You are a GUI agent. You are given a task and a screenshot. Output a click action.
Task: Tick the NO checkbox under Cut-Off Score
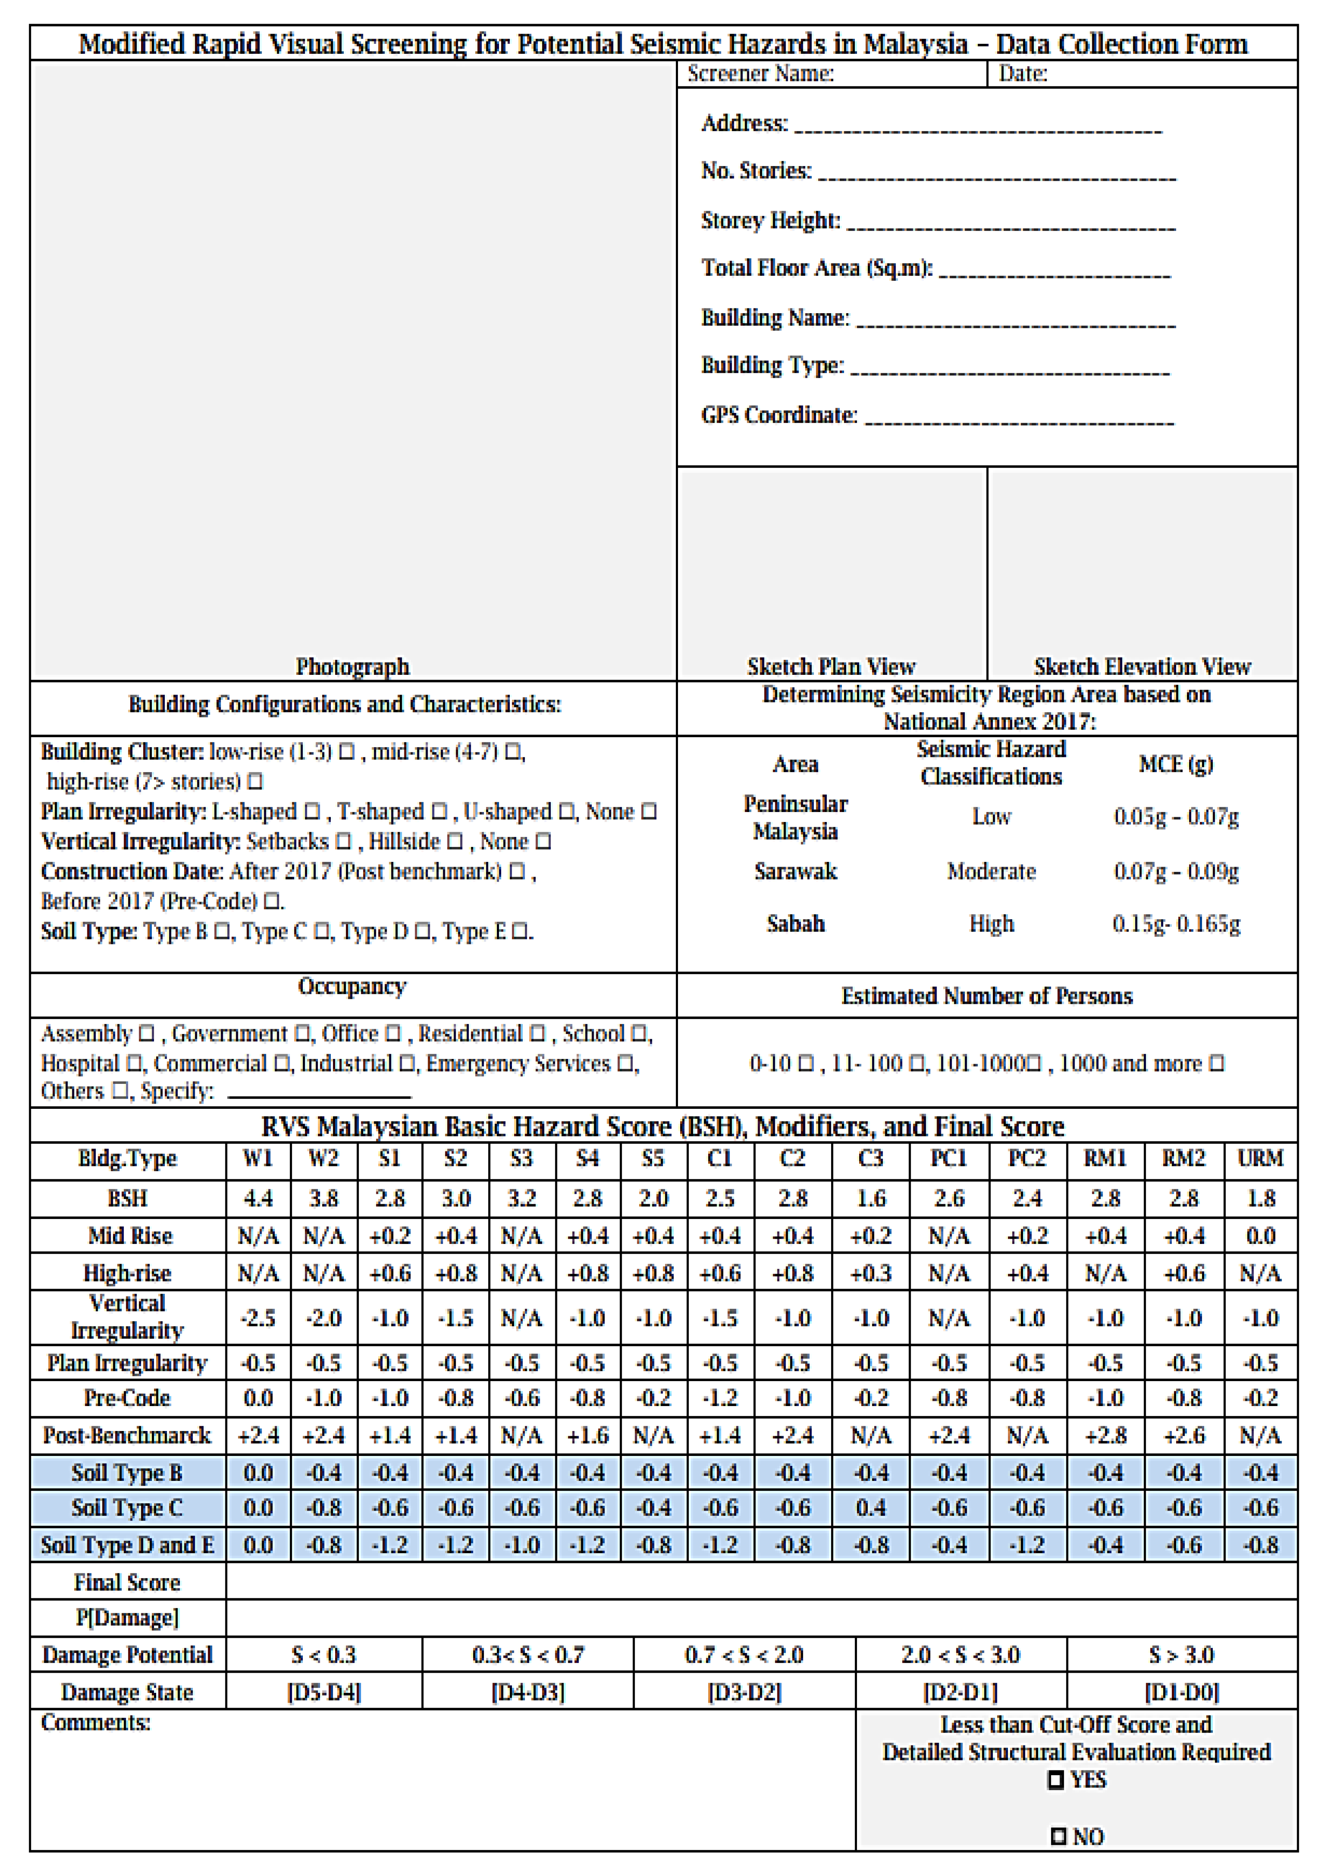(x=1058, y=1837)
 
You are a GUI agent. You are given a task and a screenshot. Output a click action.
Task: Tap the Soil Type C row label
(x=127, y=1508)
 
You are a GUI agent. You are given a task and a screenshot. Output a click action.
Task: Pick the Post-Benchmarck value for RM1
(x=1105, y=1435)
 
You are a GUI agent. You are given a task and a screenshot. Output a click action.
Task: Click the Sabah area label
(x=795, y=924)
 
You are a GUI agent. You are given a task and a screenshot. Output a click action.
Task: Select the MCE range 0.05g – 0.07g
(x=1175, y=816)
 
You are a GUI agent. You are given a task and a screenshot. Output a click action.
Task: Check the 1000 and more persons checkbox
(x=1216, y=1063)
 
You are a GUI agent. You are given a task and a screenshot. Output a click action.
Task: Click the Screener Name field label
(x=760, y=74)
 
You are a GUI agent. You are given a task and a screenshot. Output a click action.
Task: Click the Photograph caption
(x=352, y=667)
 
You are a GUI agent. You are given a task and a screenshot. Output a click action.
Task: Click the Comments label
(x=96, y=1723)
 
